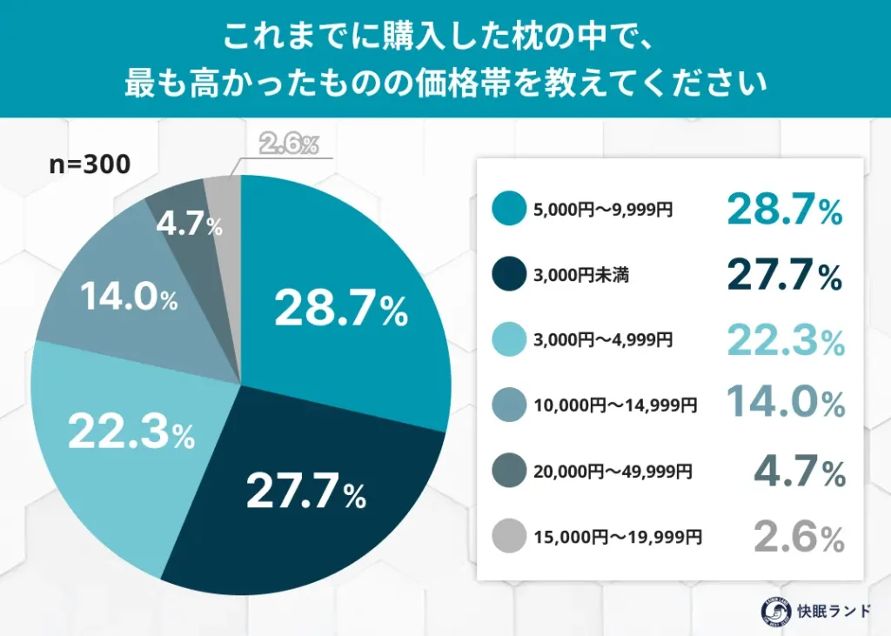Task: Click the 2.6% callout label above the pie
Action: (288, 144)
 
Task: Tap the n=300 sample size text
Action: (90, 164)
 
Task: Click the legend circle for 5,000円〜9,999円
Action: (509, 209)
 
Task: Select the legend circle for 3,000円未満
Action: (509, 276)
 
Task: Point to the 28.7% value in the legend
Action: (784, 210)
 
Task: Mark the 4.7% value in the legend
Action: (799, 472)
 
